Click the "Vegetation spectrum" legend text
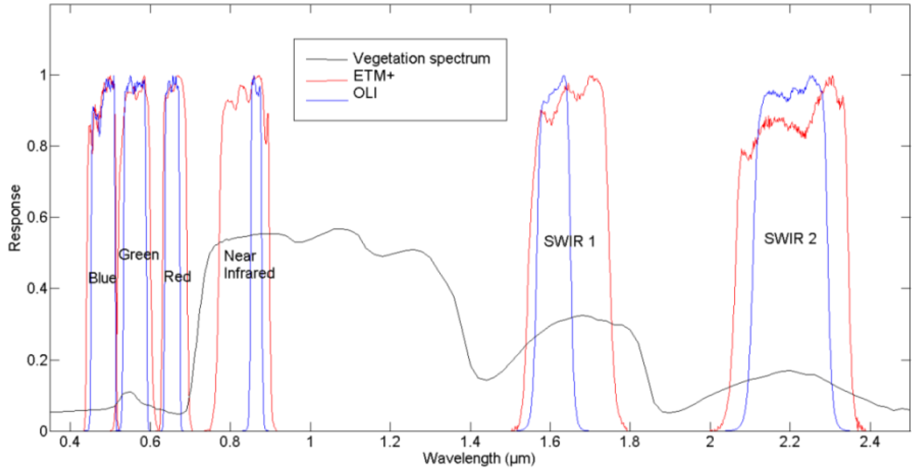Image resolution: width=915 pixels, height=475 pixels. [x=421, y=59]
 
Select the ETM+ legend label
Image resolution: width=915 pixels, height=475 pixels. [x=374, y=76]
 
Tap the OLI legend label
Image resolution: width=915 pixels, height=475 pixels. [x=365, y=93]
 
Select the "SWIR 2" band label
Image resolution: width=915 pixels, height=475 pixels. [x=790, y=239]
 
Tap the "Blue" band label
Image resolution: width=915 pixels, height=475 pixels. [x=102, y=278]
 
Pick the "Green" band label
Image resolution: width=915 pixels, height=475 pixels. [x=138, y=255]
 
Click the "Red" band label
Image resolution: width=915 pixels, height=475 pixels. [x=177, y=277]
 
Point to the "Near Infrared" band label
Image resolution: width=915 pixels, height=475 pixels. [x=249, y=265]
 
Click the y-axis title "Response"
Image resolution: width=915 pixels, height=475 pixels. [x=15, y=218]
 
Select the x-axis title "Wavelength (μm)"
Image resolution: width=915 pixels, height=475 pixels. [x=478, y=458]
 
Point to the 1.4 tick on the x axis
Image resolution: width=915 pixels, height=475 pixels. [x=470, y=442]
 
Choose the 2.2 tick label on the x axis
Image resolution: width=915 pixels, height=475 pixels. [x=790, y=442]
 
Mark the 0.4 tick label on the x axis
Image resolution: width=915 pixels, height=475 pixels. [x=70, y=442]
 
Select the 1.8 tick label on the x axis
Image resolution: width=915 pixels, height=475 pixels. [x=630, y=442]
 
